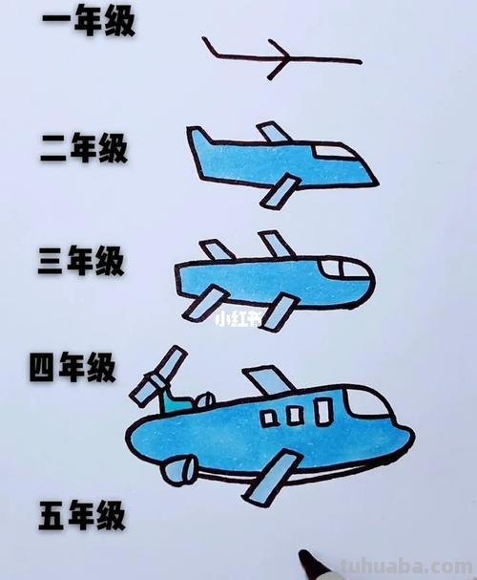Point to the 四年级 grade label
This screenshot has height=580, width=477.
click(73, 366)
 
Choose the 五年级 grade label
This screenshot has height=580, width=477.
click(83, 517)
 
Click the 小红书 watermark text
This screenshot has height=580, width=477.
click(238, 319)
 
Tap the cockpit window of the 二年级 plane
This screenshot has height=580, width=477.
click(337, 150)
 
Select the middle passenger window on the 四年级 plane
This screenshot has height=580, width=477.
click(296, 414)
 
